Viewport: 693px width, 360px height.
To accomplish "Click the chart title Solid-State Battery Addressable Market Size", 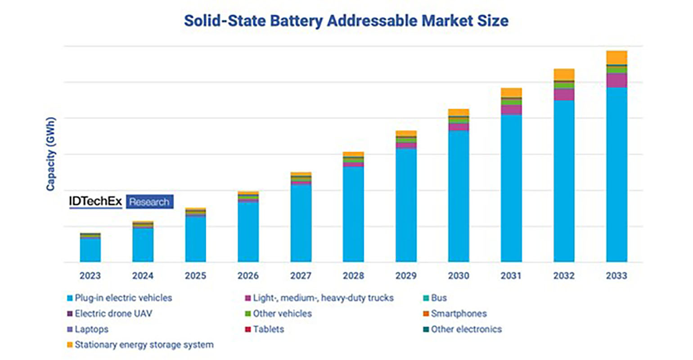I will [x=346, y=21].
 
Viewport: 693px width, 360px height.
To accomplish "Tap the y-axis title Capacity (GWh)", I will [x=50, y=154].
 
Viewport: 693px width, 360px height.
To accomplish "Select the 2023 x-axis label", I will [x=90, y=276].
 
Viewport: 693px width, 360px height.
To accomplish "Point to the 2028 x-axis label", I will [x=353, y=276].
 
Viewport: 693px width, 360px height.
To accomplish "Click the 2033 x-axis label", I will [x=616, y=276].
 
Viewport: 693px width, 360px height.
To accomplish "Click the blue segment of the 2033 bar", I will [x=616, y=175].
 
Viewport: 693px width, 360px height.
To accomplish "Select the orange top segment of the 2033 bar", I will [x=616, y=58].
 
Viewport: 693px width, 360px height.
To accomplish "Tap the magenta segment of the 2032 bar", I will [x=564, y=94].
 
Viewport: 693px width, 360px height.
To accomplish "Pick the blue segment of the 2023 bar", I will [x=90, y=250].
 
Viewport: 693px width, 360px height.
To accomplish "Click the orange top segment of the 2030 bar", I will [x=459, y=112].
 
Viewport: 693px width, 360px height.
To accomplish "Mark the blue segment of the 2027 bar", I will [x=301, y=223].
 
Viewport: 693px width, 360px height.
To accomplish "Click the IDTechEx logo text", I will [x=95, y=202].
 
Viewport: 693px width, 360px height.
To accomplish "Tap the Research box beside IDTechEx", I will [x=149, y=202].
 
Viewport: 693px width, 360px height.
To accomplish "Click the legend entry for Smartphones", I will [x=459, y=314].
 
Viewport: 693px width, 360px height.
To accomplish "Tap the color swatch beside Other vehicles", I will [x=247, y=314].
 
